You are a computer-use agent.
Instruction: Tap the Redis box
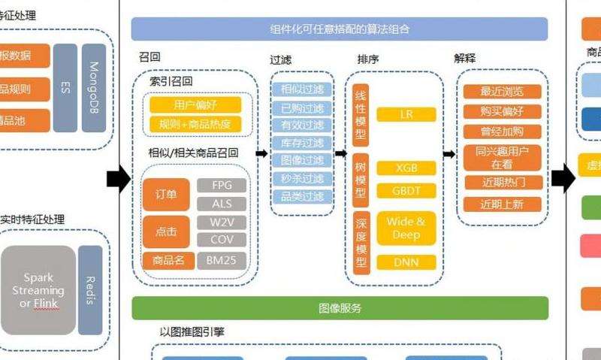pyautogui.click(x=89, y=290)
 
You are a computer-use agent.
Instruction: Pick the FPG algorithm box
pyautogui.click(x=222, y=186)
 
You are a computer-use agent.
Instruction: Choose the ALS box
pyautogui.click(x=222, y=204)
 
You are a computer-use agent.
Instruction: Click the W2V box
pyautogui.click(x=222, y=222)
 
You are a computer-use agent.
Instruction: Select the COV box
pyautogui.click(x=222, y=241)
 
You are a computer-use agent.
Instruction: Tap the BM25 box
pyautogui.click(x=222, y=261)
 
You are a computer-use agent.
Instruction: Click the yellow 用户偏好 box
pyautogui.click(x=195, y=105)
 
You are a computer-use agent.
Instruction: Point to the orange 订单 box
pyautogui.click(x=166, y=195)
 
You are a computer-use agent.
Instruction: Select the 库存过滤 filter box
pyautogui.click(x=302, y=143)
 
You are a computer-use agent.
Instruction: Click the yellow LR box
pyautogui.click(x=406, y=114)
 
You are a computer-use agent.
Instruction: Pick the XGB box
pyautogui.click(x=406, y=168)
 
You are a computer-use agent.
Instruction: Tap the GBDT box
pyautogui.click(x=406, y=191)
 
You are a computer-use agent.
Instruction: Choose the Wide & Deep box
pyautogui.click(x=406, y=228)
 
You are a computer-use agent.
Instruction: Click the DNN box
pyautogui.click(x=406, y=262)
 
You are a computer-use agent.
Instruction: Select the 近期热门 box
pyautogui.click(x=503, y=183)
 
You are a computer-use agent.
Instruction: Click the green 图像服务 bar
pyautogui.click(x=340, y=308)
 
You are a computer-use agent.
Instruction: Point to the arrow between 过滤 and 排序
pyautogui.click(x=340, y=153)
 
